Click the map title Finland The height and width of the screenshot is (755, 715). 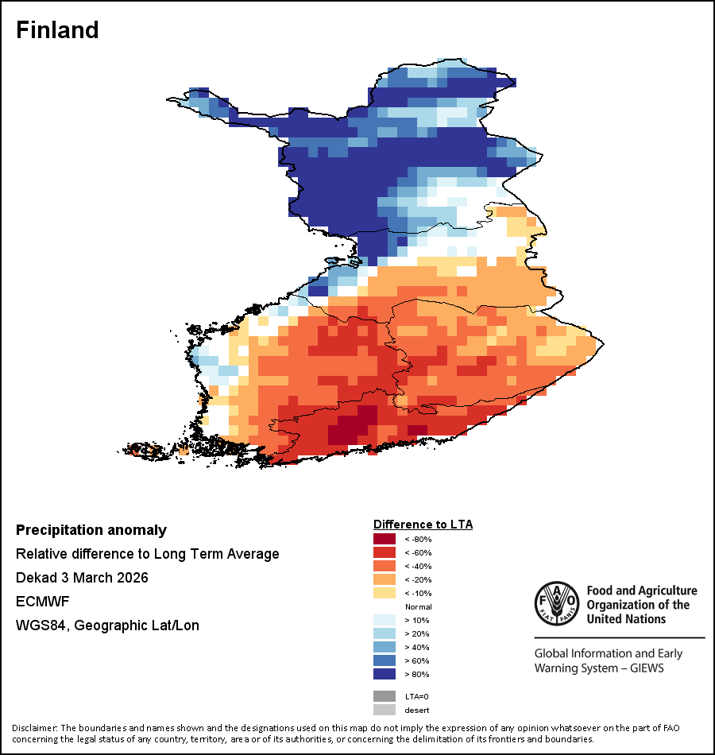(x=58, y=30)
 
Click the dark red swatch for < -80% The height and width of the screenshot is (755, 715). (x=384, y=539)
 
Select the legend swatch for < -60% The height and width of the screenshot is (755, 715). (x=384, y=552)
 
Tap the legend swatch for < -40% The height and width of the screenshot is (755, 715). (x=384, y=566)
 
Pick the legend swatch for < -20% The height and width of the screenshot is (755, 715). (x=384, y=579)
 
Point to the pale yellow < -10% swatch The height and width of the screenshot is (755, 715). (x=384, y=593)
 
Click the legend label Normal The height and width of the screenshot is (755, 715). (x=418, y=606)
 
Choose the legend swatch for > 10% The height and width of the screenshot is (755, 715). (x=384, y=620)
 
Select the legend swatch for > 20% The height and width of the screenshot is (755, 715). (x=384, y=633)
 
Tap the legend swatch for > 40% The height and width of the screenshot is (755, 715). (x=384, y=647)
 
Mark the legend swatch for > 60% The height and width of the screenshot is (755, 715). (x=384, y=660)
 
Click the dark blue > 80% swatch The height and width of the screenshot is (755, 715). (x=384, y=674)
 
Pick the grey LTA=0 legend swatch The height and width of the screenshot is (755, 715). (x=384, y=696)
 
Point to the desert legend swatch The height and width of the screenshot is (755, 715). (x=384, y=710)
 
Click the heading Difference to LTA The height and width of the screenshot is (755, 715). (x=423, y=525)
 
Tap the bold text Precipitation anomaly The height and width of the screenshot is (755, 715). (x=91, y=530)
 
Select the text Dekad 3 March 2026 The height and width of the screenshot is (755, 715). (x=82, y=578)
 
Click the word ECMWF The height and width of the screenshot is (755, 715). (x=39, y=602)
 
